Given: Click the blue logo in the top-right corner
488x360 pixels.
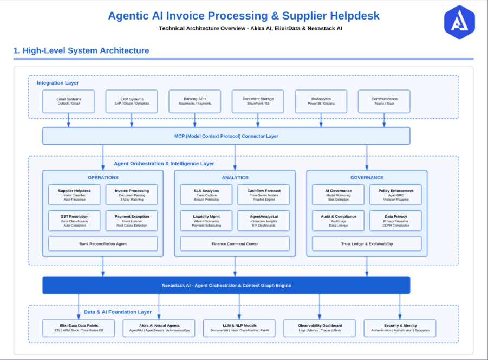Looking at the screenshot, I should coord(459,23).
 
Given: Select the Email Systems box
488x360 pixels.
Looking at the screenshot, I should coord(68,101).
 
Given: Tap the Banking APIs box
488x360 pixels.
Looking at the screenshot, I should coord(195,101).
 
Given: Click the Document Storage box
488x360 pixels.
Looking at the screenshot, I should coord(258,101).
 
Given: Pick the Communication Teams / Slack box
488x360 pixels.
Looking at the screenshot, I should coord(384,101).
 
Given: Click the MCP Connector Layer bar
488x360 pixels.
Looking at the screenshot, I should coord(226,136).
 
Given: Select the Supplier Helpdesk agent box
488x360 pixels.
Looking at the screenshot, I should coord(74,195).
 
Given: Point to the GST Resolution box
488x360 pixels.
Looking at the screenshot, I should coord(74,221).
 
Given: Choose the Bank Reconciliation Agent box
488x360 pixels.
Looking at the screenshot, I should coord(103,244).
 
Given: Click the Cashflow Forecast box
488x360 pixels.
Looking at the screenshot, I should coord(263,195).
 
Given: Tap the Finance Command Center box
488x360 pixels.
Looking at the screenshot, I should coord(235,244).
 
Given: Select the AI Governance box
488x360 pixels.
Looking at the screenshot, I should coord(339,195).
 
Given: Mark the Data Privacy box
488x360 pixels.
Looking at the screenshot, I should coord(395,221).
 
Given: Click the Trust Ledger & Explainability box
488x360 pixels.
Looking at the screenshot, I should coord(367,244).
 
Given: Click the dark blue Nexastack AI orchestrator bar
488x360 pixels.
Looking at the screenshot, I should coord(226,285).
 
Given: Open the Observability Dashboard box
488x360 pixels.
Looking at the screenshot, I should coord(320,327).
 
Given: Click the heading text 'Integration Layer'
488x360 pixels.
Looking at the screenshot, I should coord(57,83).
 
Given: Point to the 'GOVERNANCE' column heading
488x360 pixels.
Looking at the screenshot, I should coord(367,177).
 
